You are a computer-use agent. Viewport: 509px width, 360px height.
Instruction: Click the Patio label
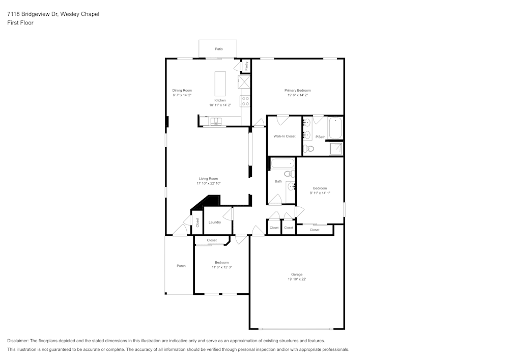(218, 49)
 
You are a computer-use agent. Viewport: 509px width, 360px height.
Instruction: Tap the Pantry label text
(246, 66)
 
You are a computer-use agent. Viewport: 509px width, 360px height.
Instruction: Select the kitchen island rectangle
(220, 84)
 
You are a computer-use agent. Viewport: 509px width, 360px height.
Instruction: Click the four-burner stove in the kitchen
(245, 101)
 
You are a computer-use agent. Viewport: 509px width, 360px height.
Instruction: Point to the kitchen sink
(216, 123)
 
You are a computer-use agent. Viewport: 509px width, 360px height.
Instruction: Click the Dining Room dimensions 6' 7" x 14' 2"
(182, 95)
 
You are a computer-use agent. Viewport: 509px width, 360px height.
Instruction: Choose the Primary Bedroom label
(297, 90)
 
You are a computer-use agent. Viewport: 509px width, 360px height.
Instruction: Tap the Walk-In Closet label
(284, 136)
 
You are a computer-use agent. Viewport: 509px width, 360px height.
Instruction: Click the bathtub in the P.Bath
(335, 128)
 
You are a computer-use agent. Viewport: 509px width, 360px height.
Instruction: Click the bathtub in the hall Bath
(282, 164)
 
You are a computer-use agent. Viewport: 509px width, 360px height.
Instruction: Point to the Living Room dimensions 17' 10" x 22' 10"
(208, 183)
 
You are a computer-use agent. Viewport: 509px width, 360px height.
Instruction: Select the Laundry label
(214, 222)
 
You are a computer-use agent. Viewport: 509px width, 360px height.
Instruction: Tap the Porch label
(181, 266)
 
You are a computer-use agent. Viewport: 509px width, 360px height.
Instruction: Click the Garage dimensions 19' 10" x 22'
(297, 279)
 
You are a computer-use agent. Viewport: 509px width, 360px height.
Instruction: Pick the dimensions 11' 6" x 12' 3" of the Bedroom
(221, 267)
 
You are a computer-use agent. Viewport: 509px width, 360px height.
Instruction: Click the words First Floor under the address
(20, 23)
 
